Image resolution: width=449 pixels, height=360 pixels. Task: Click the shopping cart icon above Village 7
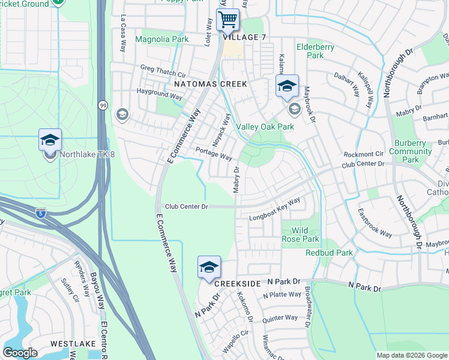pos(228,20)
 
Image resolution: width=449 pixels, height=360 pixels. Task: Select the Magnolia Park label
pos(161,40)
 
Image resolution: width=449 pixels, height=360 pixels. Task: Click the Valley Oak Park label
pos(265,127)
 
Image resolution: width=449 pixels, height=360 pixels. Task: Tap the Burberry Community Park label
pos(411,152)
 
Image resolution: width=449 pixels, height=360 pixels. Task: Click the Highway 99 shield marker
pos(103,105)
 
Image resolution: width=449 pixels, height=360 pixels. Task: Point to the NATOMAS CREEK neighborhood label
pos(210,85)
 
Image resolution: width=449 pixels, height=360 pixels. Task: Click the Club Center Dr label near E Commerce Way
pos(186,206)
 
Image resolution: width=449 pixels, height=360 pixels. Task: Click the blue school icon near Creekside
pos(209,268)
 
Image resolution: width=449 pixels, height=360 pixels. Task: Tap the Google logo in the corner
pos(20,352)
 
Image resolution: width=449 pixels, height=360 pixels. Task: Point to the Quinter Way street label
pos(280,318)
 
